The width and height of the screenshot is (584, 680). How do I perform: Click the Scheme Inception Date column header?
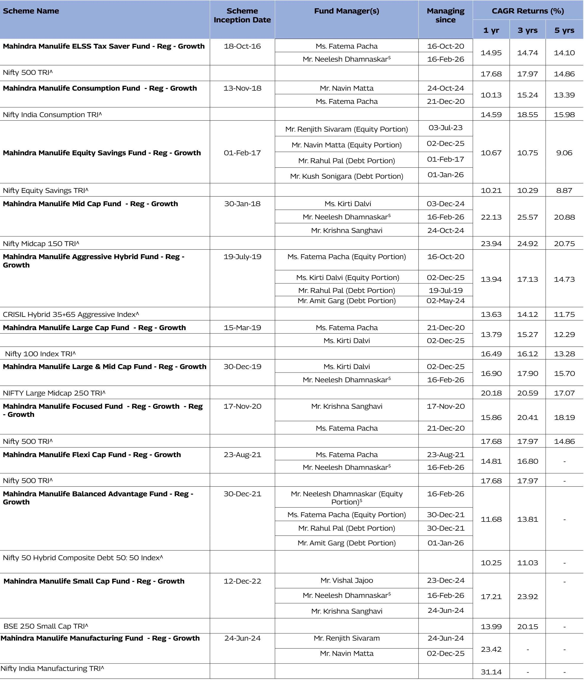(x=242, y=16)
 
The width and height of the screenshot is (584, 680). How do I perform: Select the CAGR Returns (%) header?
(x=528, y=11)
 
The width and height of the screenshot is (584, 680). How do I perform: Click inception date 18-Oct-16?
(x=242, y=46)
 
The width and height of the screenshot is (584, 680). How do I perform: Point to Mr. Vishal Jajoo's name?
(x=347, y=580)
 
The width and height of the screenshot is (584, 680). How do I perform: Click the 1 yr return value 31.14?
(x=491, y=672)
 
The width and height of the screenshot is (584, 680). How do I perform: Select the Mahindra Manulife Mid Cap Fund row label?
(x=91, y=204)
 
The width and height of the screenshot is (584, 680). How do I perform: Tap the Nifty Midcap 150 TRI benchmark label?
(x=41, y=244)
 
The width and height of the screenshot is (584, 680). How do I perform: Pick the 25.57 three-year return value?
(x=527, y=217)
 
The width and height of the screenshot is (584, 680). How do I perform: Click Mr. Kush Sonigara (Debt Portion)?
(x=347, y=176)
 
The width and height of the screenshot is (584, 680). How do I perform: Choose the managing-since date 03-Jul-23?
(x=445, y=128)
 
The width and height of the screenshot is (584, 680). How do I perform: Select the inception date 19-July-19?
(x=242, y=257)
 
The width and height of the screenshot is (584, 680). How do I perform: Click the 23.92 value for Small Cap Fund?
(x=527, y=597)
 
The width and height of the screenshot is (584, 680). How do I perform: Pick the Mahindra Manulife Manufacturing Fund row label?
(x=100, y=638)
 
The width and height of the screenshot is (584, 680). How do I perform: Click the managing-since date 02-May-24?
(x=445, y=301)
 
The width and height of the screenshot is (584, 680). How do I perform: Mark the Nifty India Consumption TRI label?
(x=52, y=115)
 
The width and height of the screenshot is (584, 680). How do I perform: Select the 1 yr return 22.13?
(x=491, y=217)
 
